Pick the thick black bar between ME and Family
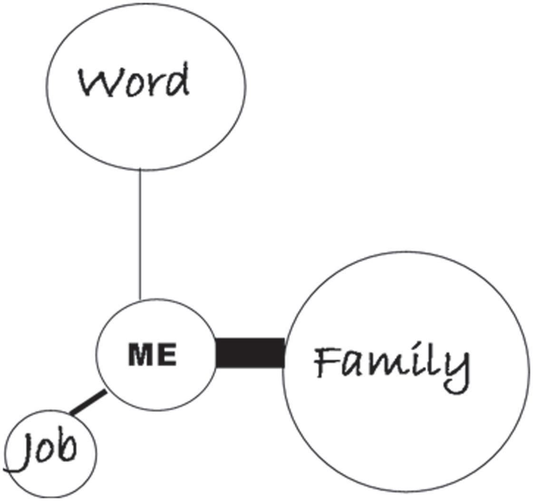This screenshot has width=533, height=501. [x=250, y=353]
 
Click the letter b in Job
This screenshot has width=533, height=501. [x=67, y=447]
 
